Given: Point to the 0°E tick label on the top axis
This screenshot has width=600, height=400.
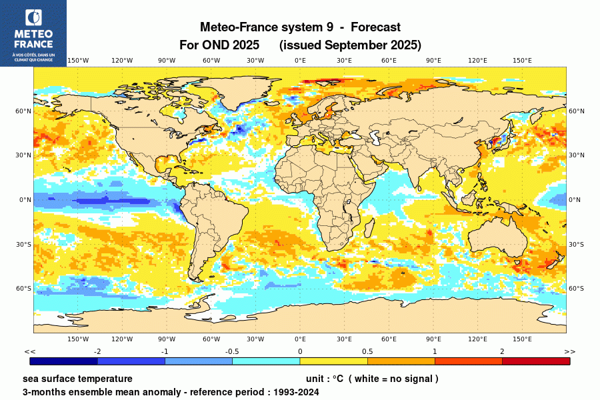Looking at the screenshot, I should tap(300, 61).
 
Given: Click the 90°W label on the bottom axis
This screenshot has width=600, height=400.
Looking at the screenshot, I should tap(167, 339).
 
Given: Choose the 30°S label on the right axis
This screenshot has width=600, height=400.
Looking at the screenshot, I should tap(576, 244).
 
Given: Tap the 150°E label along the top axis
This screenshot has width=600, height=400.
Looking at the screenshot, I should tap(522, 61).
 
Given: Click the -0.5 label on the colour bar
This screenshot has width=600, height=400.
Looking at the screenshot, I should tap(232, 351).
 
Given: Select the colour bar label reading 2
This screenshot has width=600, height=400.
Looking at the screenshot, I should tap(502, 351).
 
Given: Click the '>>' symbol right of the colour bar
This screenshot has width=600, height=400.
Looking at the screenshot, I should tap(569, 351).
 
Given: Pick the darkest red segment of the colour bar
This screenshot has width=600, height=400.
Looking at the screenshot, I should tap(536, 361).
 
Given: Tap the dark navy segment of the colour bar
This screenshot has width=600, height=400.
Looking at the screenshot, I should tap(64, 361).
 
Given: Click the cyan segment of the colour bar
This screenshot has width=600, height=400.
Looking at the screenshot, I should tap(266, 361).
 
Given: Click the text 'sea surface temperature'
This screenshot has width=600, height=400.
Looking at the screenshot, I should tap(77, 379).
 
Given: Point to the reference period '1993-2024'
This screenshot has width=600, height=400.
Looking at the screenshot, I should tap(295, 392).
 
